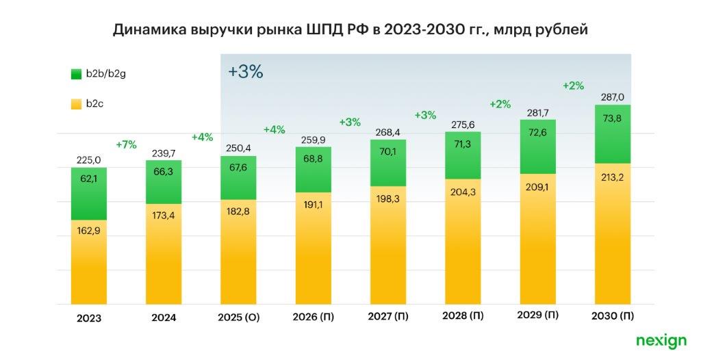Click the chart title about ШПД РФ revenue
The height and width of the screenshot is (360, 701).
pos(350,29)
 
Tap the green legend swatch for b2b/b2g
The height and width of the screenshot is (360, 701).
pos(75,74)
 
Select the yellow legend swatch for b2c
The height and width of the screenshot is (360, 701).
pos(75,104)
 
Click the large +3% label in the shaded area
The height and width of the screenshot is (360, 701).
pos(245,72)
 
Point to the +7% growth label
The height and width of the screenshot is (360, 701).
pos(126,144)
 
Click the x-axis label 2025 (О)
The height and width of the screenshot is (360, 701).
pos(238,318)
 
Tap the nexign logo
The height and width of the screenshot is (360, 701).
pos(660,340)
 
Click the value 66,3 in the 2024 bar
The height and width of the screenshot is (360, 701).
pos(164,180)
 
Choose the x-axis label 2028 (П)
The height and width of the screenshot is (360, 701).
pos(463,318)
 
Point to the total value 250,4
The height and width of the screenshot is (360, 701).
pos(238,149)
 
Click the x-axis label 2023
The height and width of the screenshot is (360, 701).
pos(89,318)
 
